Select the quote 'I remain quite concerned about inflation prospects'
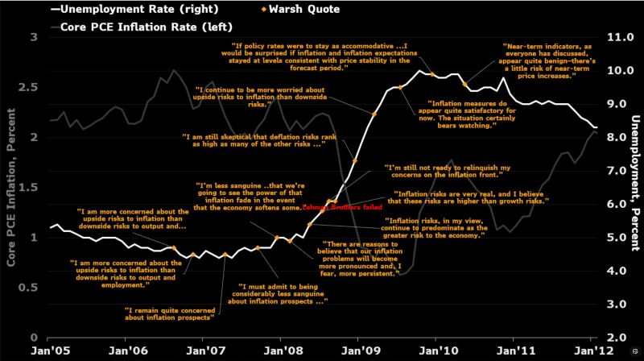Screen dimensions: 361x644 [x=170, y=313]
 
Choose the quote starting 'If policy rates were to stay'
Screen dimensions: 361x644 [x=320, y=56]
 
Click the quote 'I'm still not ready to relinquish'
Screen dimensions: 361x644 [x=449, y=171]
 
